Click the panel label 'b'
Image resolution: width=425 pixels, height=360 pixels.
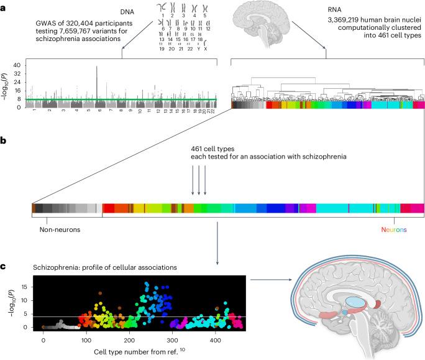pyautogui.click(x=3, y=142)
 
